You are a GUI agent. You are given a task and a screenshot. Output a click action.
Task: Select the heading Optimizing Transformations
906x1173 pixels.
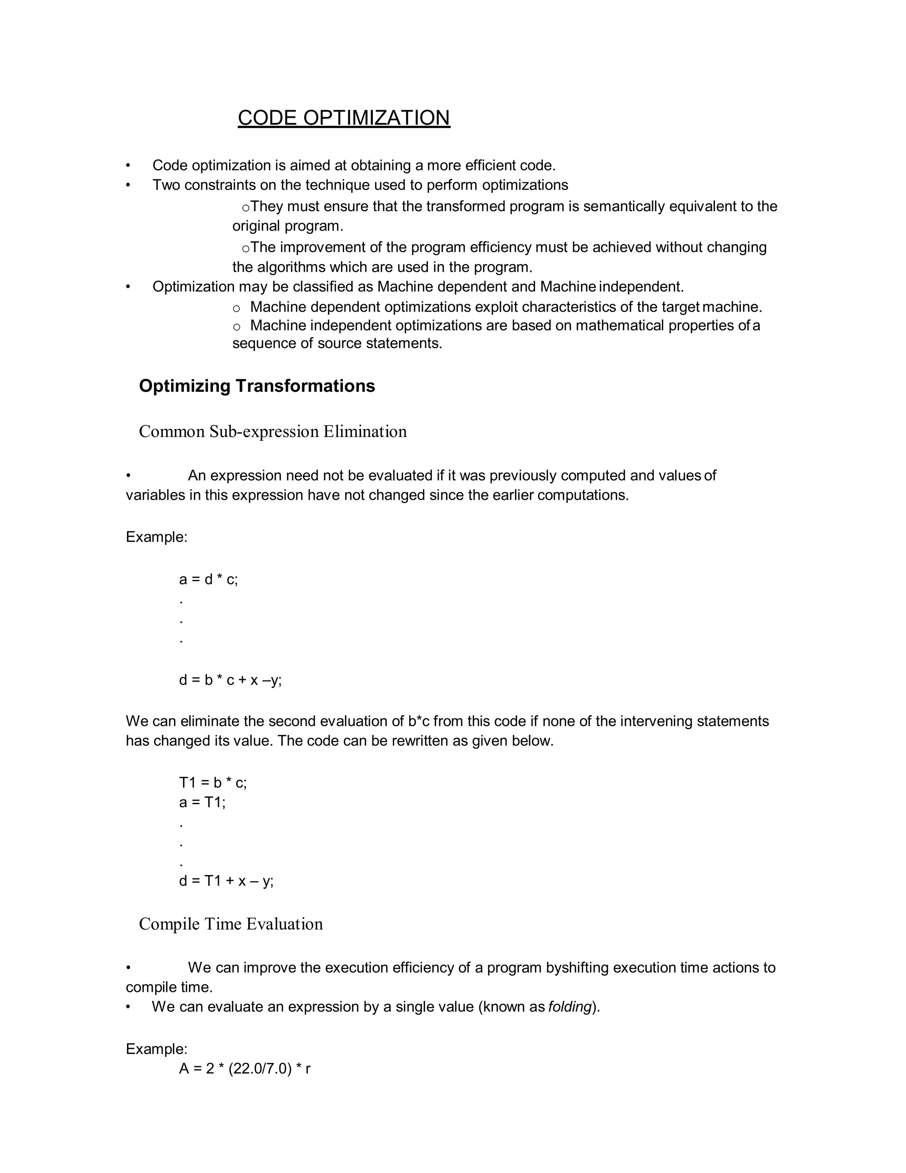257,386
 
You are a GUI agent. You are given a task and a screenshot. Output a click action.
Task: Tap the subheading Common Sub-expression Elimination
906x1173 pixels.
273,431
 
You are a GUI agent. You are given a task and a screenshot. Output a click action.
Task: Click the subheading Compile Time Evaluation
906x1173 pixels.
231,924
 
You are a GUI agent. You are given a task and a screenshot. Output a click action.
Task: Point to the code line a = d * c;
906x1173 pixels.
208,579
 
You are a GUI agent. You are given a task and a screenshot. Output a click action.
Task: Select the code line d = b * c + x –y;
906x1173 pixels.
230,680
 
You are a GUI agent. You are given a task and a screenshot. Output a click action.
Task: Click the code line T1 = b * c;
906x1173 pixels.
212,783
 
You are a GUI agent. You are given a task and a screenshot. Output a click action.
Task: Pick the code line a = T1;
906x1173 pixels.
202,803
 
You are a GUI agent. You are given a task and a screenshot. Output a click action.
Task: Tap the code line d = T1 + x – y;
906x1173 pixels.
226,881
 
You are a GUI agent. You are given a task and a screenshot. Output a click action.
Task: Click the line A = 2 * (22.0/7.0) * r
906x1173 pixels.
245,1069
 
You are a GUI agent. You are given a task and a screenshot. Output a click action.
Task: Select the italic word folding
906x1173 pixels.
569,1007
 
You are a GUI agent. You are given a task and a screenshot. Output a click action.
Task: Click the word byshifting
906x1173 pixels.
577,967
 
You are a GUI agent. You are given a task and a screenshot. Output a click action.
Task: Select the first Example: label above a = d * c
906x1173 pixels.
156,537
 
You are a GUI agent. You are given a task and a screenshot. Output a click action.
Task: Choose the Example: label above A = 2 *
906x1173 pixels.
156,1049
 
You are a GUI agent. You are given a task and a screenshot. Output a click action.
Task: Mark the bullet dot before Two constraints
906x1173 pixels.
128,185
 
